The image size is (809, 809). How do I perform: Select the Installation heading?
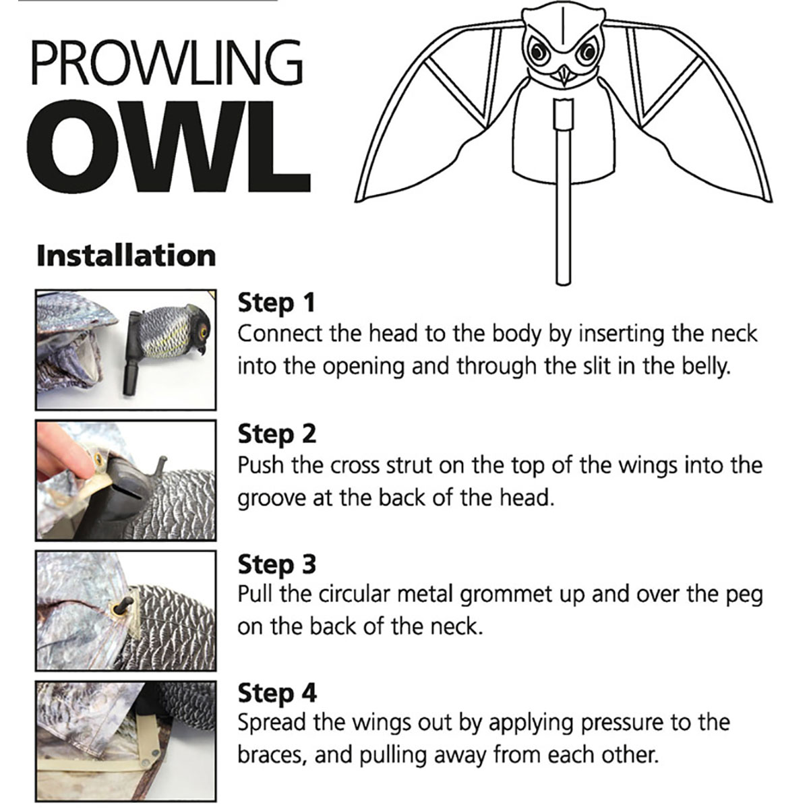coord(126,256)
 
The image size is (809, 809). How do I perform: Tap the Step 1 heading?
coord(276,303)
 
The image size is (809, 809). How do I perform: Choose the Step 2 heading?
coord(276,434)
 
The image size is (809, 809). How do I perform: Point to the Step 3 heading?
coord(276,564)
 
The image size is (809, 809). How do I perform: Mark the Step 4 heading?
coord(276,692)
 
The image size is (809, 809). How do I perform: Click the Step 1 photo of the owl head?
coord(125,349)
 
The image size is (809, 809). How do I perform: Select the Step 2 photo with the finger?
coord(125,480)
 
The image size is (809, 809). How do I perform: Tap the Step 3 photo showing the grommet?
coord(125,610)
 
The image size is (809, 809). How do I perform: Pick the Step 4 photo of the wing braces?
coord(125,740)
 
